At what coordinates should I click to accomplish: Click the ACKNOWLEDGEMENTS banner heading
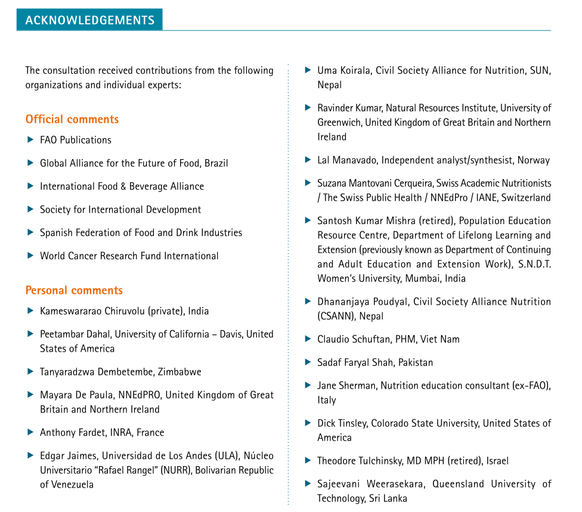pos(89,20)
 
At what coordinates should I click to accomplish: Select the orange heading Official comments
pos(72,119)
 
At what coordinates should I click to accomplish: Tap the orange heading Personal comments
pos(74,290)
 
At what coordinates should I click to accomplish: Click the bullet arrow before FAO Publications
pos(30,140)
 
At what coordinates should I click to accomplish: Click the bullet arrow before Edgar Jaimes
pos(30,455)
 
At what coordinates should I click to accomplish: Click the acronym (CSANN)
pos(338,316)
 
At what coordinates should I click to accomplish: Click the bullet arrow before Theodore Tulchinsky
pos(308,460)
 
